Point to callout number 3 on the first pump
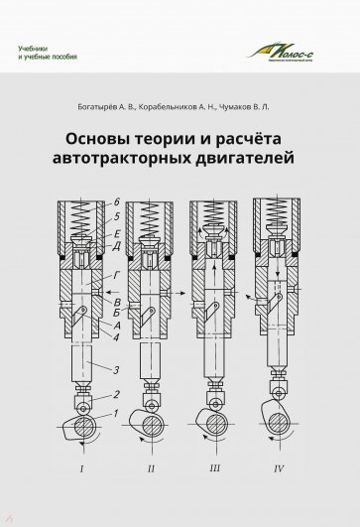pos(117,370)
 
